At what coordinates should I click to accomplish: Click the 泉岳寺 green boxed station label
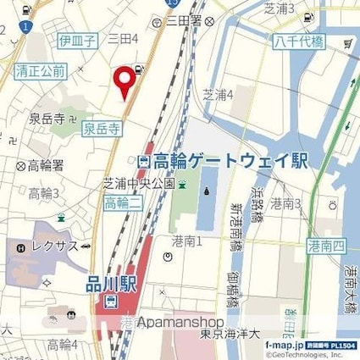(x=102, y=129)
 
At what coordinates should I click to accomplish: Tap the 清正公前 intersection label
(x=40, y=73)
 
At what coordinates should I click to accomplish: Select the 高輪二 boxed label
(x=123, y=202)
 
